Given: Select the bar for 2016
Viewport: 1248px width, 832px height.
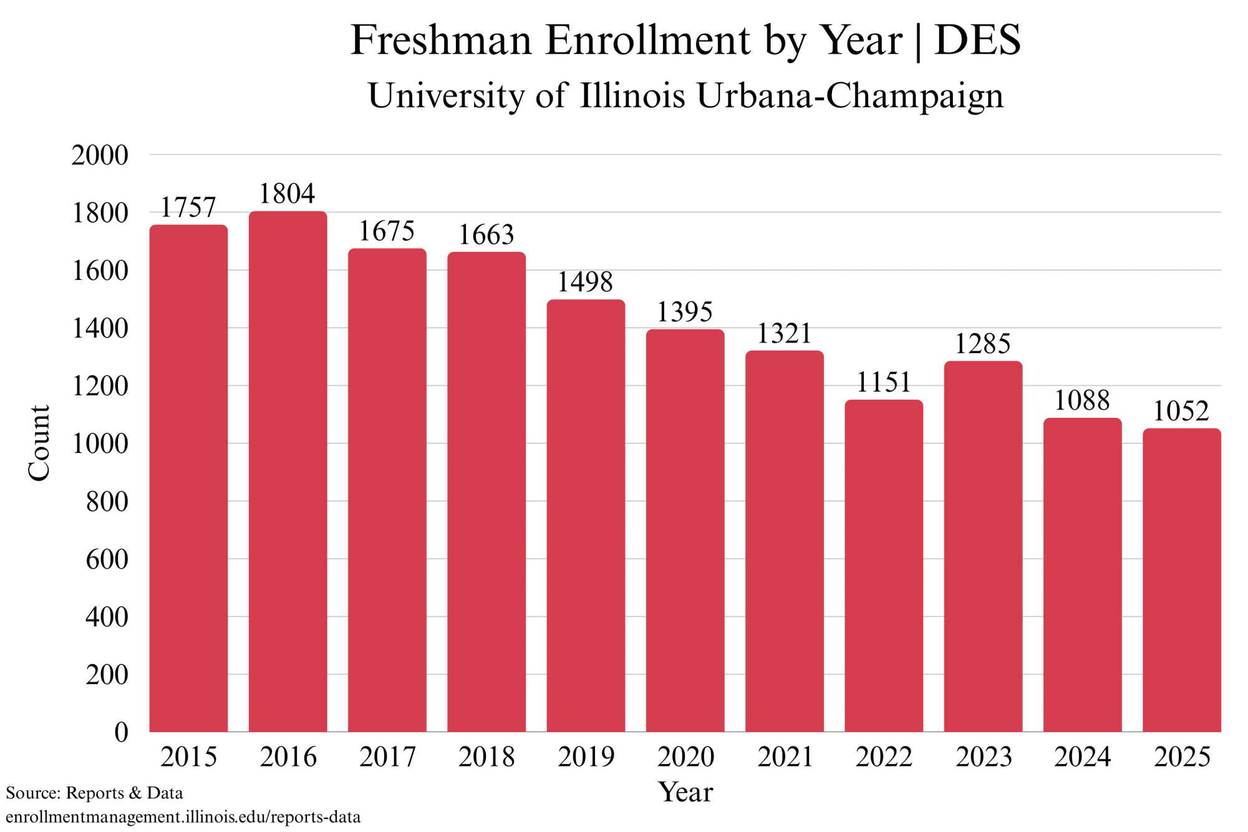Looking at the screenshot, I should tap(288, 472).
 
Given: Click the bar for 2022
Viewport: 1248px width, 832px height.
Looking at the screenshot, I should tap(884, 566).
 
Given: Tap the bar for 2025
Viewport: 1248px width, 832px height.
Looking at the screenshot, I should tap(1182, 580).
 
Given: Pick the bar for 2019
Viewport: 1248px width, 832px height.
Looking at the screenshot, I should tap(586, 516).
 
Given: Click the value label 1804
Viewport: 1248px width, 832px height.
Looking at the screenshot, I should tap(288, 194).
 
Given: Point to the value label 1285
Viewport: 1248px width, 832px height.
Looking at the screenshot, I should tap(983, 344).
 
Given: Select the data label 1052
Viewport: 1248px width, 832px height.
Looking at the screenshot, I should tap(1181, 411).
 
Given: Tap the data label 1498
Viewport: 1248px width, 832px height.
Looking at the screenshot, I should tap(585, 283).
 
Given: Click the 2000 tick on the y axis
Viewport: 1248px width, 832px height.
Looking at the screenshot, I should tap(100, 155).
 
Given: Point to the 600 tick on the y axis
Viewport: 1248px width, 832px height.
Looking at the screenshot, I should tap(107, 559).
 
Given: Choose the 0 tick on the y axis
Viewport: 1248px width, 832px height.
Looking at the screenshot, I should tap(121, 732).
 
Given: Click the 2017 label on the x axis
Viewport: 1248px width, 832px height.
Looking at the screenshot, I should tap(387, 757).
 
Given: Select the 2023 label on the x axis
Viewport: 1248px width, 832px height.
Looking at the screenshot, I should tap(984, 757).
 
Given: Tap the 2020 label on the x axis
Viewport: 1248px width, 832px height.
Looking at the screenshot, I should tap(685, 757).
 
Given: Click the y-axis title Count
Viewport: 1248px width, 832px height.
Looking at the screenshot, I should tap(39, 443).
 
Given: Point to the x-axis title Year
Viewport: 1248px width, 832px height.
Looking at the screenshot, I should tap(685, 793).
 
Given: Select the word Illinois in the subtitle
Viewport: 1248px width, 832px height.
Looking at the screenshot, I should tap(632, 96).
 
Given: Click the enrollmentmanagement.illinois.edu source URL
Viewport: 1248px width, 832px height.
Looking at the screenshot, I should tap(183, 817).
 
